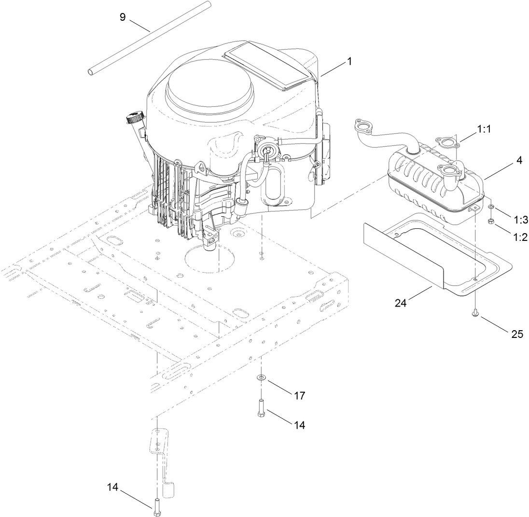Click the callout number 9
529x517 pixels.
(123, 17)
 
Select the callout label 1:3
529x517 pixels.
(520, 220)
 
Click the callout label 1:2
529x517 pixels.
(520, 237)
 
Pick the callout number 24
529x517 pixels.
(401, 304)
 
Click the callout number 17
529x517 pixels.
(299, 395)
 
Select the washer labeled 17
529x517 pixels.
(261, 376)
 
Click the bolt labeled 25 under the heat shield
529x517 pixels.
(475, 314)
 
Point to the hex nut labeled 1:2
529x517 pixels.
(490, 222)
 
